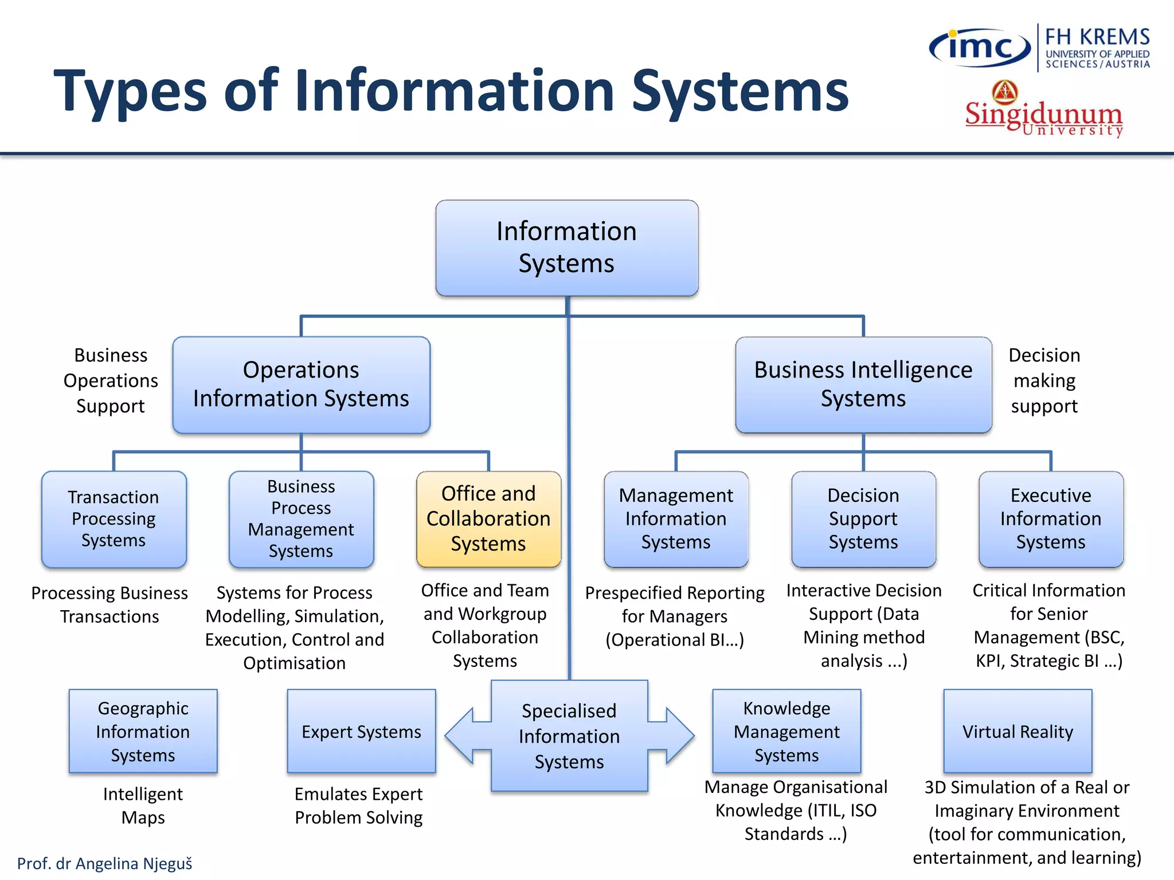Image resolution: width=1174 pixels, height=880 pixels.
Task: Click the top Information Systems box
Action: tap(566, 247)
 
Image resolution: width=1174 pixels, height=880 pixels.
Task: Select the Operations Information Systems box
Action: tap(301, 384)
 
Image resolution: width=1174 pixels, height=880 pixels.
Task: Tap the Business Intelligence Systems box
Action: tap(863, 384)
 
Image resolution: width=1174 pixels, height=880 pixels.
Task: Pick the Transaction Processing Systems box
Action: tap(114, 519)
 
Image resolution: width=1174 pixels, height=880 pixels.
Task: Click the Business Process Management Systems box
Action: tap(301, 519)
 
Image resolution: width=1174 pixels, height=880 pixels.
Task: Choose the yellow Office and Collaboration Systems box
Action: tap(488, 519)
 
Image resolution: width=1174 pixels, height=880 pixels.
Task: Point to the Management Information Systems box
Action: tap(676, 519)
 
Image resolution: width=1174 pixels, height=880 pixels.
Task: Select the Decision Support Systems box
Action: tap(863, 519)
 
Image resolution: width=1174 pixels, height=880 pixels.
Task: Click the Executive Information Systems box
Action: tap(1051, 519)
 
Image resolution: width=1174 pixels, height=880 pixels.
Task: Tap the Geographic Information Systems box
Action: tap(143, 732)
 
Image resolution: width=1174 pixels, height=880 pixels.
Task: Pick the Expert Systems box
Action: tap(361, 732)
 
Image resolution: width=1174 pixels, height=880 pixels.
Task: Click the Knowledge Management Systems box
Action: tap(786, 732)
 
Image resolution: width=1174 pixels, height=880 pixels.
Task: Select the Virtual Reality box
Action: tap(1018, 732)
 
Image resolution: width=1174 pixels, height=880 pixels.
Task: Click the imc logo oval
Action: tap(979, 48)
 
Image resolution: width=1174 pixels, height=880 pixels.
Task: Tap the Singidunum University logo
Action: tap(1043, 112)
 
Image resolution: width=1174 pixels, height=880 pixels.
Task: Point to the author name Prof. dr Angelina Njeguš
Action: tap(104, 863)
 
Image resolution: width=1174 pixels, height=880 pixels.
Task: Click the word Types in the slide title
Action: tap(130, 92)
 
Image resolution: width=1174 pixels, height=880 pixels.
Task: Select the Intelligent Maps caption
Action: tap(143, 806)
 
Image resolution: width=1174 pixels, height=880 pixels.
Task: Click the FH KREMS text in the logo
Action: tap(1097, 37)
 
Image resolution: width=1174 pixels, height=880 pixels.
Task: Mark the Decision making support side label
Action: tap(1044, 380)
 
